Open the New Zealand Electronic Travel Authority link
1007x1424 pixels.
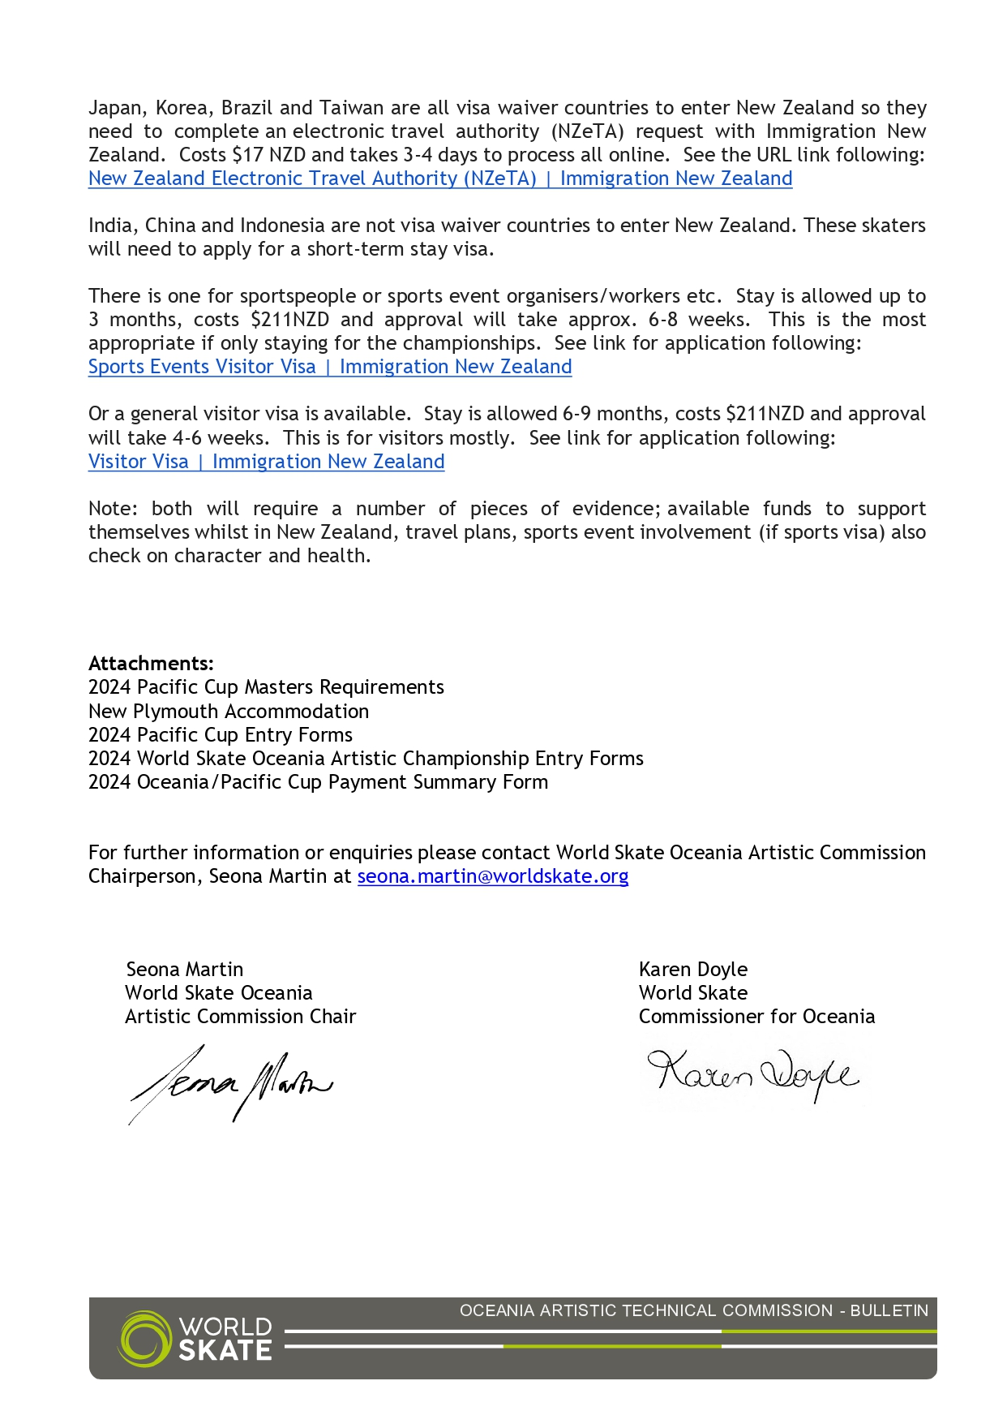point(439,179)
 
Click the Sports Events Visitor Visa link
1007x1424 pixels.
point(329,367)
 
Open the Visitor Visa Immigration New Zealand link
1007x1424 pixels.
point(266,462)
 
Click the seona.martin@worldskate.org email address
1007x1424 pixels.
point(492,876)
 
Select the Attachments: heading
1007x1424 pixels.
point(151,664)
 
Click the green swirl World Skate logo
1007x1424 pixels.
point(144,1338)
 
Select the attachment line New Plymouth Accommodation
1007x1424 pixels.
point(228,712)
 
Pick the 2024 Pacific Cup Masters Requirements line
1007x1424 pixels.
point(266,687)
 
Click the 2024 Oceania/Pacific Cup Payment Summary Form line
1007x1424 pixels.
point(318,782)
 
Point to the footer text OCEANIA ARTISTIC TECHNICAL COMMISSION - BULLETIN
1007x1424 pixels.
point(693,1310)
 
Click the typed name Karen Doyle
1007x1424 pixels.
point(692,970)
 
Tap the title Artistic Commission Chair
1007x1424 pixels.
point(240,1017)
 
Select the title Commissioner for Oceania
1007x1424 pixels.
point(756,1017)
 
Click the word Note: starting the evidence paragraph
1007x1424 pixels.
point(113,509)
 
